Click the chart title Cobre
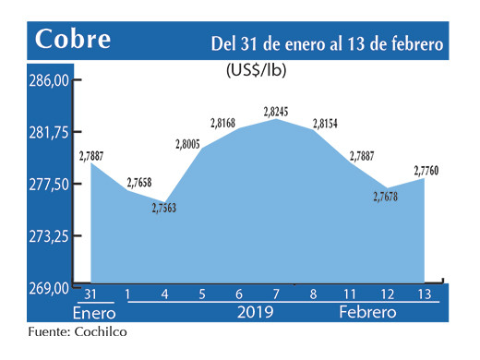point(73,40)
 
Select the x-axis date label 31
point(90,294)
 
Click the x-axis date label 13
point(425,294)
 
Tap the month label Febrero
point(367,313)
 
